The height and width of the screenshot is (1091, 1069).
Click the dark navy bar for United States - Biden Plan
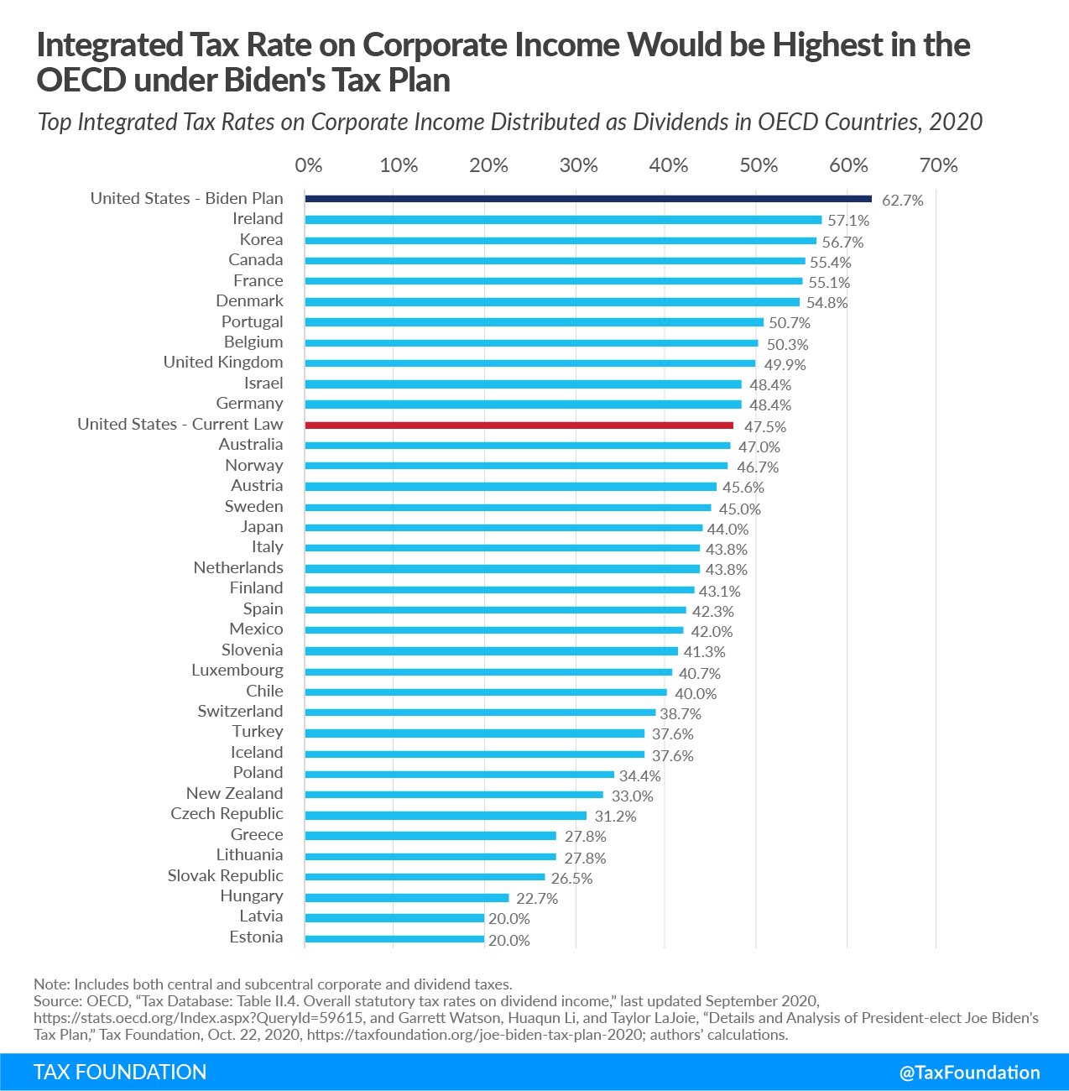tap(588, 199)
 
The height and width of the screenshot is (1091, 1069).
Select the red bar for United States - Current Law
tap(519, 425)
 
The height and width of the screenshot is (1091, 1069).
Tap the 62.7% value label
tap(903, 201)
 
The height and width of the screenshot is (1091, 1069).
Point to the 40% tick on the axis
tap(668, 165)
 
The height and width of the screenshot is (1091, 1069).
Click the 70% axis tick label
tap(938, 165)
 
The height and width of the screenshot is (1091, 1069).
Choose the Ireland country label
tap(258, 218)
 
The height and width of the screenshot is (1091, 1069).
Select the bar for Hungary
tap(407, 897)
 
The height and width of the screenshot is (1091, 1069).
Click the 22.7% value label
tap(537, 899)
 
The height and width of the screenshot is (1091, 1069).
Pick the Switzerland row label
tap(240, 711)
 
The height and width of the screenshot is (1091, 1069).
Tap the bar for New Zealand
tap(454, 794)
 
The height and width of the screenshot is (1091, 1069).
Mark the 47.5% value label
tap(765, 427)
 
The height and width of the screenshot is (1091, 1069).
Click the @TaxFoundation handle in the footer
tap(969, 1073)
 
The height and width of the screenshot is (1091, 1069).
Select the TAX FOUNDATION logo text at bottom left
tap(120, 1073)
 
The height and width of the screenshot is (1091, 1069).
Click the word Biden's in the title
tap(275, 80)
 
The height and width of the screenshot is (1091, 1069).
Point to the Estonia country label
tap(256, 937)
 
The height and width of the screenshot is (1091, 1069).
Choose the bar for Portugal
tap(534, 322)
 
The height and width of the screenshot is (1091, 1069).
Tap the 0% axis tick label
tap(309, 165)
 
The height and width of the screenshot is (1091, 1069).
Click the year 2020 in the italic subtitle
tap(956, 123)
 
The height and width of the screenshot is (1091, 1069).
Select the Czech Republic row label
tap(227, 813)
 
